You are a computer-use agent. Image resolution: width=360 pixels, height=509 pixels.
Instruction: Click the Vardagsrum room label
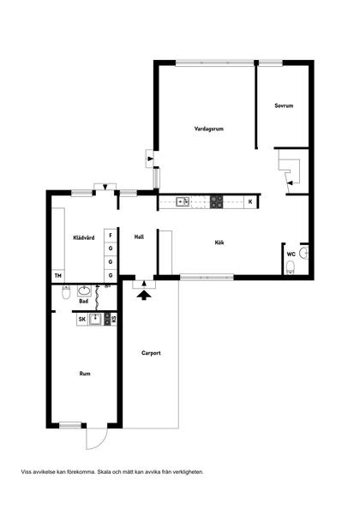tap(209, 129)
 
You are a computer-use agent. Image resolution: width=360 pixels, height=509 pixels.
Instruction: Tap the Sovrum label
tap(284, 105)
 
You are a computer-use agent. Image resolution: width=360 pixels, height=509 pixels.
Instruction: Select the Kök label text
tap(219, 243)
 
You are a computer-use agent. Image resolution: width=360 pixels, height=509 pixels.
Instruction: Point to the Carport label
tap(151, 353)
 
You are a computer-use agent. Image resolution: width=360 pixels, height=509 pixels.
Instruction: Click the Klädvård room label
tap(84, 237)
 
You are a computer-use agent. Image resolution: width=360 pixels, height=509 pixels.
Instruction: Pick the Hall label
tap(139, 237)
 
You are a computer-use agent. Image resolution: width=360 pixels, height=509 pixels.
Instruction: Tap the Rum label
tap(85, 374)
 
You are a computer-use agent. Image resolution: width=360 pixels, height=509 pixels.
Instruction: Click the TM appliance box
tap(58, 276)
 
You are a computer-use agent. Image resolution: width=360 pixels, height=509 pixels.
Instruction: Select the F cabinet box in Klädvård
tap(111, 236)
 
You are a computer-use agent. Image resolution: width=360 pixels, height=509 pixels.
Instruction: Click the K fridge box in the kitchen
tap(250, 202)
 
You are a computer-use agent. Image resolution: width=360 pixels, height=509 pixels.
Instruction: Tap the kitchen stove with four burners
tap(217, 202)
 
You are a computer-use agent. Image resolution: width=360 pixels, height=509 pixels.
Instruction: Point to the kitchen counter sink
tap(183, 202)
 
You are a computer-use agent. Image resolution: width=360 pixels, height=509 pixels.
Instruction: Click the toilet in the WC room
tap(291, 267)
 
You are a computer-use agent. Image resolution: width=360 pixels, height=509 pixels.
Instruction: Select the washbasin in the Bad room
tap(84, 290)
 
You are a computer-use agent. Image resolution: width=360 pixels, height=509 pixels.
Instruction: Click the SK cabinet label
tap(82, 320)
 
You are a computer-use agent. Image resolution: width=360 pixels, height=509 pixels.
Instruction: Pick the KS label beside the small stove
tap(114, 320)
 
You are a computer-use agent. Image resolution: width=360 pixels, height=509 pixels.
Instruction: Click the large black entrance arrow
tap(144, 295)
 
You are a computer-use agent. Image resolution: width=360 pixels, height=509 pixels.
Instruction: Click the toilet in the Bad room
tap(66, 292)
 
